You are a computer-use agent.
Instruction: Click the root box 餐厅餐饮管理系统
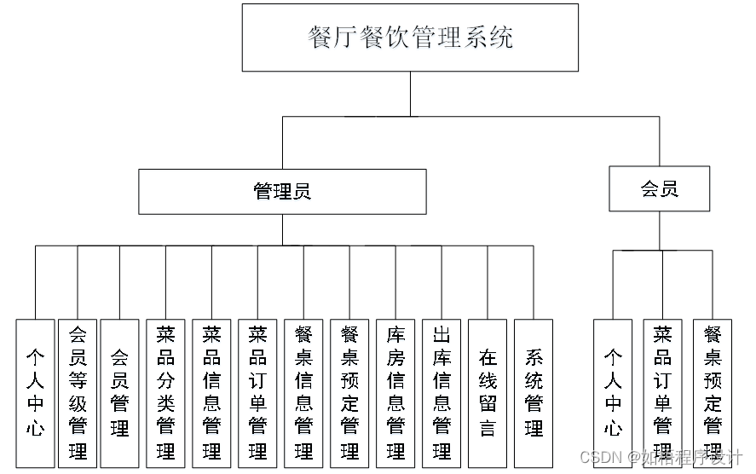point(410,38)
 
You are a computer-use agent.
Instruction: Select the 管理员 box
point(282,191)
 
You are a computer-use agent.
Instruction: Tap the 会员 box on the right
point(659,188)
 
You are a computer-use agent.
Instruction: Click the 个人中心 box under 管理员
point(35,393)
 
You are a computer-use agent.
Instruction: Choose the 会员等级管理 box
point(78,393)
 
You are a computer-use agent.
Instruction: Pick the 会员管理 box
point(119,393)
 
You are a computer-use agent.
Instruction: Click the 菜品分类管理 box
point(165,393)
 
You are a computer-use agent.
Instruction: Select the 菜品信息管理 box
point(211,393)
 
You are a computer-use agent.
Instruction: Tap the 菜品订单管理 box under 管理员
point(257,393)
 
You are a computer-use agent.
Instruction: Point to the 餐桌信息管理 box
point(303,393)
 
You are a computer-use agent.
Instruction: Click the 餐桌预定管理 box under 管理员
point(349,393)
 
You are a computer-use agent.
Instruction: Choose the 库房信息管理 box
point(395,393)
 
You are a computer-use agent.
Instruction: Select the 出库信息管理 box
point(441,393)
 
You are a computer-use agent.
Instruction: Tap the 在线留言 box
point(488,393)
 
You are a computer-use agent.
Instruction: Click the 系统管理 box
point(534,393)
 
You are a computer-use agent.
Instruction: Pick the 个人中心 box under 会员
point(613,393)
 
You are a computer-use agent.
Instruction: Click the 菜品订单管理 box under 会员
point(662,393)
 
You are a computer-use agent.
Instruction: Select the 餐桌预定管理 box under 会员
point(713,393)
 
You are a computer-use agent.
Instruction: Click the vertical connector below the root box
point(410,94)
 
